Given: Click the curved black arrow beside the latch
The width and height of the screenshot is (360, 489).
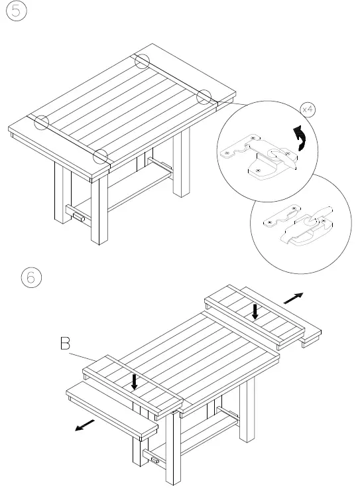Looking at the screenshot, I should (302, 137).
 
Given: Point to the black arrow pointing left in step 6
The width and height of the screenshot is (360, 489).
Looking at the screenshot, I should (84, 425).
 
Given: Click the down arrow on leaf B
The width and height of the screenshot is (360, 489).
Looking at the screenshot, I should (135, 381).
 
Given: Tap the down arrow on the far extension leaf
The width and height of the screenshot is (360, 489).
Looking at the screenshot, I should (255, 311).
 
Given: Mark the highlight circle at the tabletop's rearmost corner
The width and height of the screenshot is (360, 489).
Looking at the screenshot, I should (143, 61).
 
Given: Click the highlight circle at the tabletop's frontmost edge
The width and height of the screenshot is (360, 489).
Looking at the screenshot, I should (101, 157).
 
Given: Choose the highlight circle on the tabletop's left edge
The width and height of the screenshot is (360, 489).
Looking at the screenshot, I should (41, 122).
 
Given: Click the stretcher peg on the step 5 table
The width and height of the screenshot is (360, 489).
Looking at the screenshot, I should (76, 215).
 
